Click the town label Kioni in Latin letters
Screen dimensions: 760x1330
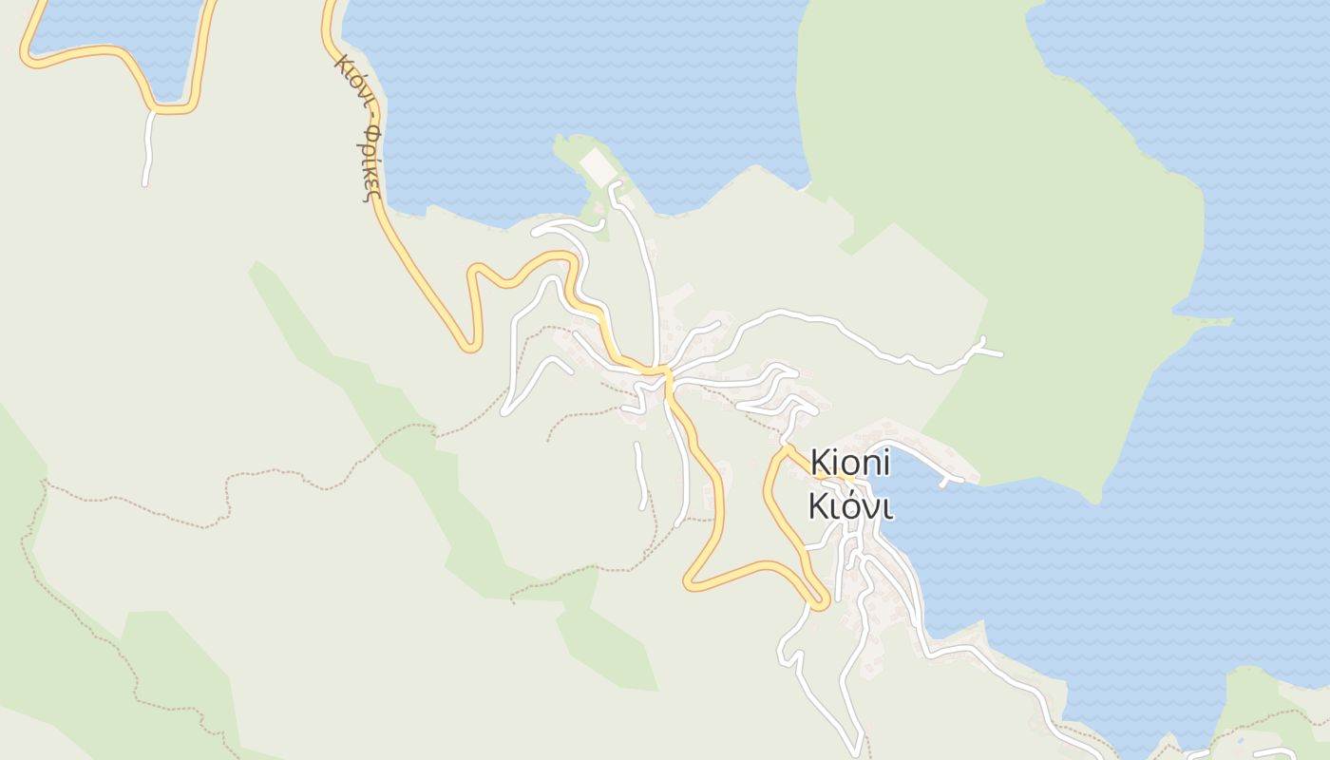(x=850, y=464)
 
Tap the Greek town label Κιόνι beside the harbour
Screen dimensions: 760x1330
(x=850, y=506)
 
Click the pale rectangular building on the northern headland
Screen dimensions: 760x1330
(x=598, y=166)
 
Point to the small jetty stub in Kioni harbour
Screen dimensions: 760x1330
(x=945, y=483)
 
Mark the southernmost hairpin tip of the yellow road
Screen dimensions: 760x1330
(x=819, y=602)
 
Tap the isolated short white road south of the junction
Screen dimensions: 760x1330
(x=640, y=473)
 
